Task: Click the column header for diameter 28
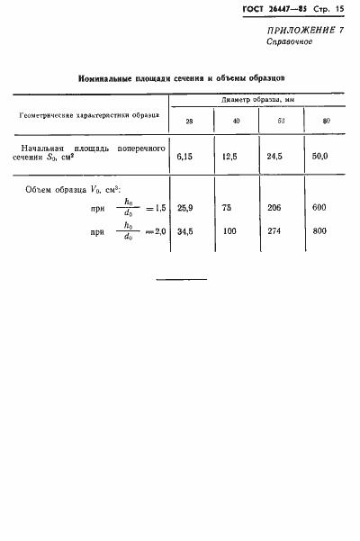tap(189, 121)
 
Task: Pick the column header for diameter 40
tap(237, 121)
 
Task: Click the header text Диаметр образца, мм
tap(256, 102)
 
